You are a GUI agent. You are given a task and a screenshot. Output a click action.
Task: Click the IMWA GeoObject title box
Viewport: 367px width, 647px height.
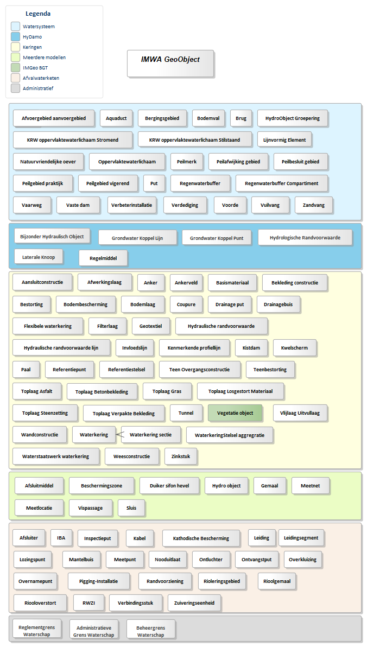(170, 63)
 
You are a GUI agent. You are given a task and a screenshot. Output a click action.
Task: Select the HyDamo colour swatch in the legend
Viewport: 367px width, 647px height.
(15, 37)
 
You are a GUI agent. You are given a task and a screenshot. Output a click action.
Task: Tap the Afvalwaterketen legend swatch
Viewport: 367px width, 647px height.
(15, 78)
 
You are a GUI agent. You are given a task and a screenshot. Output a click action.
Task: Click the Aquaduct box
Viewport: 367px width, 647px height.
(116, 118)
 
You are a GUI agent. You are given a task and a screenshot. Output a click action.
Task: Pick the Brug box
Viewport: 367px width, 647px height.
(241, 118)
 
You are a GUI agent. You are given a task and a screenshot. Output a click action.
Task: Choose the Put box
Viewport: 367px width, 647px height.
(154, 183)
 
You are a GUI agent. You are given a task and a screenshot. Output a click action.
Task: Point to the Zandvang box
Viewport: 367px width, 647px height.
(313, 205)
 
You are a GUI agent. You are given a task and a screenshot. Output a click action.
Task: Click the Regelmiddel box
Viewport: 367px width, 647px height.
(103, 258)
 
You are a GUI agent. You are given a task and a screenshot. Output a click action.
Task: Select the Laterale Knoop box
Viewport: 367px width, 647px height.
(39, 257)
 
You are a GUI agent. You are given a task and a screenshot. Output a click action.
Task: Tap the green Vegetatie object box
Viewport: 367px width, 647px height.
(235, 413)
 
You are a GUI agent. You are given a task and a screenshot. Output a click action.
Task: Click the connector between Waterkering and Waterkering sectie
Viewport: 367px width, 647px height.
(118, 434)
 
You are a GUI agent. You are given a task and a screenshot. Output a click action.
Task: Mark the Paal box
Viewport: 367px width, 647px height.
(26, 370)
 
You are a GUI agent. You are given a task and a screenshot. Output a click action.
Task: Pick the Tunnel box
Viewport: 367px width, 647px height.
(186, 413)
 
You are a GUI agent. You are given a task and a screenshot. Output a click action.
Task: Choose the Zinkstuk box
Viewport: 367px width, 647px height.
(180, 456)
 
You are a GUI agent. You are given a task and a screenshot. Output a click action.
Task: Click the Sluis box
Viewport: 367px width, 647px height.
(131, 508)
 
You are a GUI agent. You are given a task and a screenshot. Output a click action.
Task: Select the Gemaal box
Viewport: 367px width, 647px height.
(270, 486)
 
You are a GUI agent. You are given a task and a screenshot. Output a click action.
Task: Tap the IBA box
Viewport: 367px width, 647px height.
(61, 538)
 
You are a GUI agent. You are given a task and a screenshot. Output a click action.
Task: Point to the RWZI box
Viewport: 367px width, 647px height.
(88, 603)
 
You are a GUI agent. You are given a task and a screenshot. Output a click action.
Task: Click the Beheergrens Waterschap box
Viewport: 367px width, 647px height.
(151, 631)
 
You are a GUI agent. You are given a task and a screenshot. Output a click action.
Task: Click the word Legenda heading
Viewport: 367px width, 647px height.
(38, 14)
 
